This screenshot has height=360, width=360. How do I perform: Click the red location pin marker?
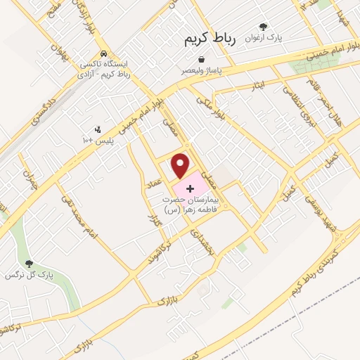[181, 165]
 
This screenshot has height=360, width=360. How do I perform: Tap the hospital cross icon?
[189, 189]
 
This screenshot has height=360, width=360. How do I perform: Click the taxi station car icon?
[103, 53]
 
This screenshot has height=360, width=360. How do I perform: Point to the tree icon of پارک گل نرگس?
[29, 263]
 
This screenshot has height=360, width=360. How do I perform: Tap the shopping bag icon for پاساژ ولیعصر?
[202, 60]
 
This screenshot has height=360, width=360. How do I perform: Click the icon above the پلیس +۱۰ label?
[98, 129]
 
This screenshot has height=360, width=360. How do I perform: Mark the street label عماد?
[155, 183]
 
